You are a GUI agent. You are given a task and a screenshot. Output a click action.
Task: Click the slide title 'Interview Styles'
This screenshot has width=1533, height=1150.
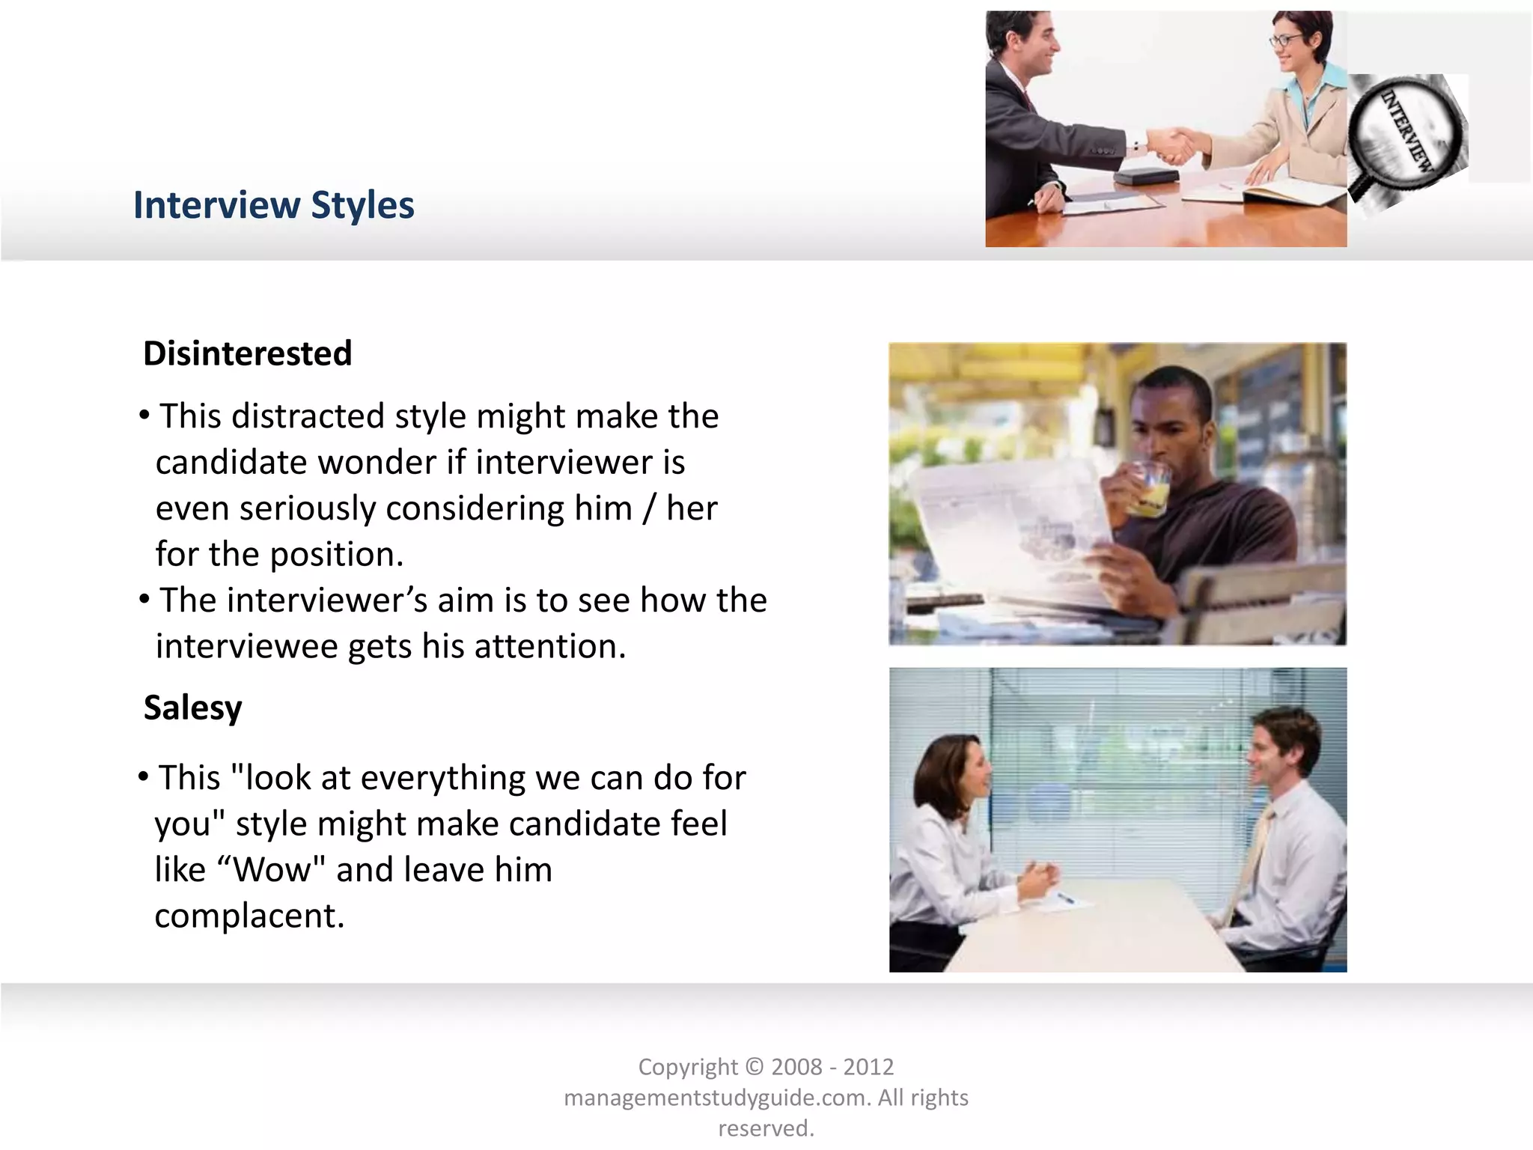tap(273, 205)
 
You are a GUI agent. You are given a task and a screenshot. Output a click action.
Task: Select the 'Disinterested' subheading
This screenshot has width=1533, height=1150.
tap(247, 353)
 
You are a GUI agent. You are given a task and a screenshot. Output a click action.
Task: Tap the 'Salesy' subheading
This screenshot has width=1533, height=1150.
tap(192, 708)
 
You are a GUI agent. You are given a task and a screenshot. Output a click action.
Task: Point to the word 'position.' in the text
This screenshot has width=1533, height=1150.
tap(336, 555)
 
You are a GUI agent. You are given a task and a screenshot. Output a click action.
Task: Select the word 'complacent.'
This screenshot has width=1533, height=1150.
tap(249, 916)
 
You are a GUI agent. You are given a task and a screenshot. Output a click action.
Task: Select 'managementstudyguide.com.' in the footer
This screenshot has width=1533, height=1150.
tap(717, 1098)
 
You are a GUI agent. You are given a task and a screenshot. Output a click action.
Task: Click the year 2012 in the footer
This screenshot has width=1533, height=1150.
tap(868, 1067)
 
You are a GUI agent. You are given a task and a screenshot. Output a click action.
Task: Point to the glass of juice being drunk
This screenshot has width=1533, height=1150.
tap(1145, 490)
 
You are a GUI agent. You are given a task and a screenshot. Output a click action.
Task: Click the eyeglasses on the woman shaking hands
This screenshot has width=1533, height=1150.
tap(1286, 40)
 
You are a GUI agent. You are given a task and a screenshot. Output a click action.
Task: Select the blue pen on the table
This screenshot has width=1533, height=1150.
tap(1066, 898)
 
